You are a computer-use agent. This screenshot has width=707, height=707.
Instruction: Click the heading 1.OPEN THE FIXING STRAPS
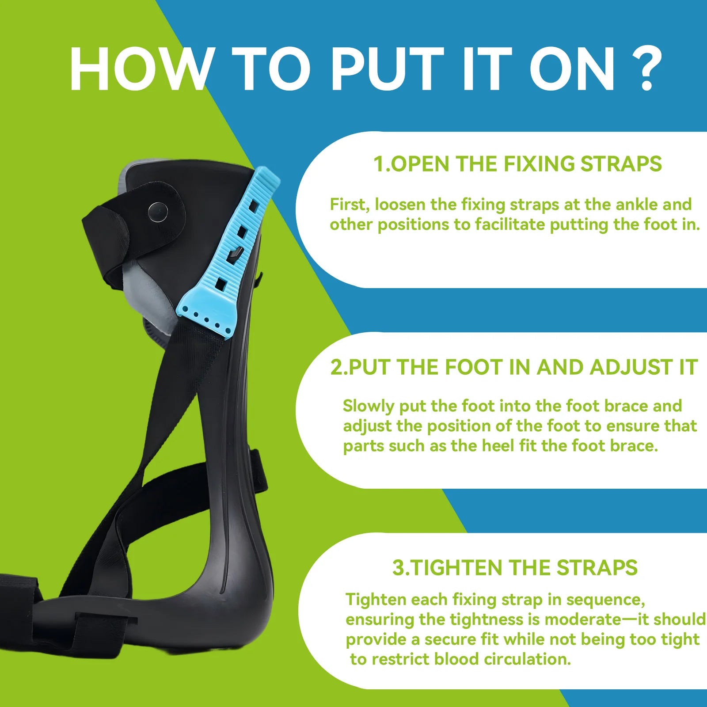point(517,164)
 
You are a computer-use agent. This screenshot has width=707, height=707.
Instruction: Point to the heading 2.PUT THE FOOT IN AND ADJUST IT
point(514,367)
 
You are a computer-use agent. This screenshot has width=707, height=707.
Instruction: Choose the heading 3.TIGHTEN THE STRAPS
point(515,568)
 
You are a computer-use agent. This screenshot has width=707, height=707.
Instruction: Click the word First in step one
point(350,205)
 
